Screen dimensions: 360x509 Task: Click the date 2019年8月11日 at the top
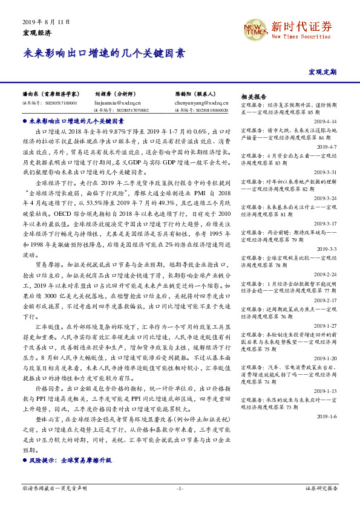pyautogui.click(x=46, y=22)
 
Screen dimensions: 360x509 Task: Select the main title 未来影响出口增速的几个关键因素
pyautogui.click(x=103, y=53)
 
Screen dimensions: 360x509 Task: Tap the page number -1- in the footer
pyautogui.click(x=180, y=487)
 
